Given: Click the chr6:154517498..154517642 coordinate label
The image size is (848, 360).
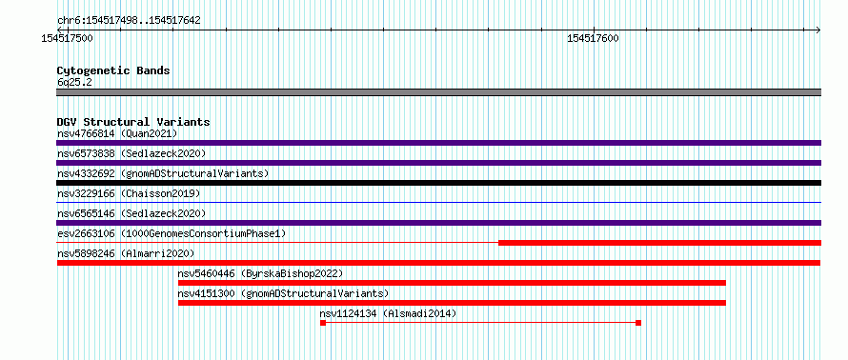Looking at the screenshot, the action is pyautogui.click(x=129, y=21).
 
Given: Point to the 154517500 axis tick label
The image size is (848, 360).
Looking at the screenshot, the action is pyautogui.click(x=67, y=39).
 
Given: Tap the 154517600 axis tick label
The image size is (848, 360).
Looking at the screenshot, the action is pyautogui.click(x=594, y=39).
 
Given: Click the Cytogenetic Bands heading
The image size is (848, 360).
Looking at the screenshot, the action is pyautogui.click(x=113, y=70).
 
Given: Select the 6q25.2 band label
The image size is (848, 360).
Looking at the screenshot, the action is pyautogui.click(x=74, y=82).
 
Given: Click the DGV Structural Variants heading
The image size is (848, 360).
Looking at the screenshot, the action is pyautogui.click(x=133, y=122).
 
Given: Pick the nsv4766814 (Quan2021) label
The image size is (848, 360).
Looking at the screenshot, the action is pyautogui.click(x=117, y=133).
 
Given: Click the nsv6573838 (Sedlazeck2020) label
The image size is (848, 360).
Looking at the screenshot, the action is pyautogui.click(x=131, y=154).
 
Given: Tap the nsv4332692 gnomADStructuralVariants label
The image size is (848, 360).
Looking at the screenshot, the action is pyautogui.click(x=163, y=173).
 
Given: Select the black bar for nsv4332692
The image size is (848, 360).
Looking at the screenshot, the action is pyautogui.click(x=438, y=183).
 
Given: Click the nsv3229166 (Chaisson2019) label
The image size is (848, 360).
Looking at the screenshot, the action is pyautogui.click(x=129, y=193).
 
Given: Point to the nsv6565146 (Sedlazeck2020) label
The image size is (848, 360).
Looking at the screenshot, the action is pyautogui.click(x=131, y=213).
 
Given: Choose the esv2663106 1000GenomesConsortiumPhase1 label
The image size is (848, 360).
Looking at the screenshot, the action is pyautogui.click(x=172, y=233).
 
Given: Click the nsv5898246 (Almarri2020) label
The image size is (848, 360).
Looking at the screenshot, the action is pyautogui.click(x=126, y=253).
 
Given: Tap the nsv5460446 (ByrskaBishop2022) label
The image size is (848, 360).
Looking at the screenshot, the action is pyautogui.click(x=260, y=273).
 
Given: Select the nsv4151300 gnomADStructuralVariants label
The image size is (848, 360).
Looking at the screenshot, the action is pyautogui.click(x=283, y=293).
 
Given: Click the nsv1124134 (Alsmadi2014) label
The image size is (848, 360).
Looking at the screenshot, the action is pyautogui.click(x=388, y=313).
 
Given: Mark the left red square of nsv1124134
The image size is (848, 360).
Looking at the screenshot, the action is pyautogui.click(x=323, y=323).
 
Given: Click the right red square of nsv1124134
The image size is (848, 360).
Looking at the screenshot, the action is pyautogui.click(x=638, y=323).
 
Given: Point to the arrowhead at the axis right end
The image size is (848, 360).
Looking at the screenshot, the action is pyautogui.click(x=818, y=30).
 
